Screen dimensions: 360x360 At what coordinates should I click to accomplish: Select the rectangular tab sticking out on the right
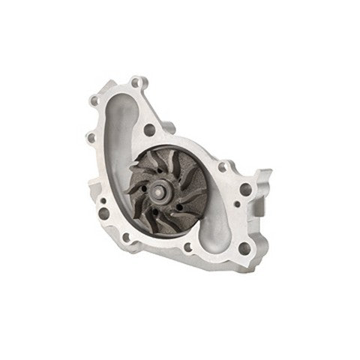(264, 180)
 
